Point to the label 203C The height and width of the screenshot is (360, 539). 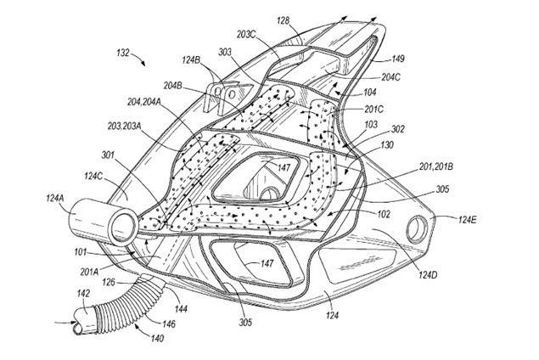tap(247, 35)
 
